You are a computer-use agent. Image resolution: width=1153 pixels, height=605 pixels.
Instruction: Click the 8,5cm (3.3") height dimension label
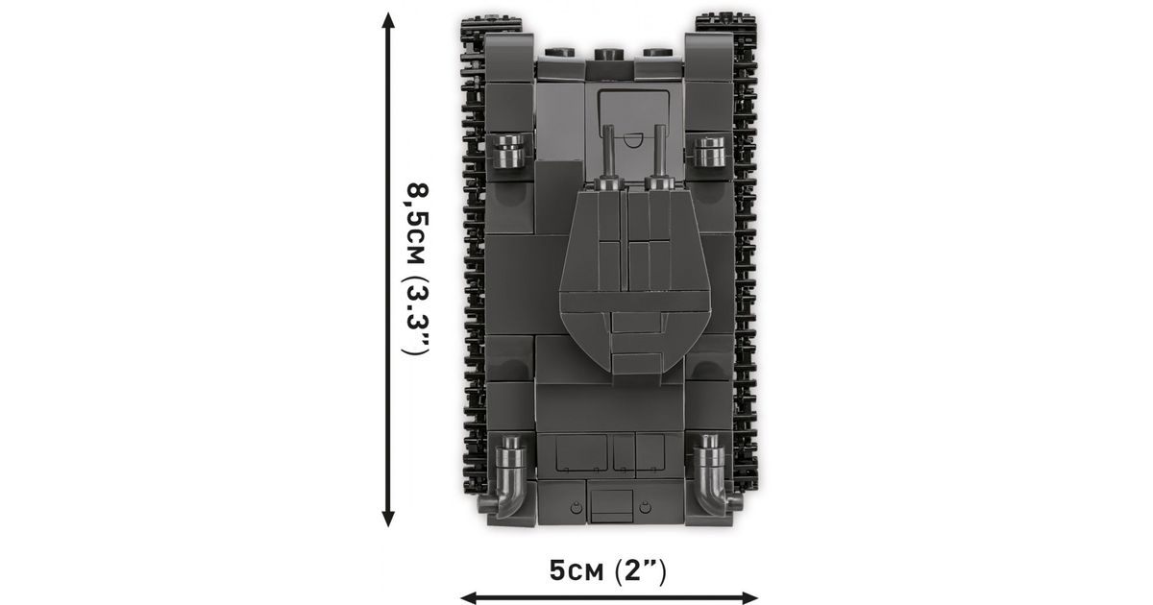[416, 269]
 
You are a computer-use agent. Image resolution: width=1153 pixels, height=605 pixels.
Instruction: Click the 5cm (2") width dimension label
[607, 570]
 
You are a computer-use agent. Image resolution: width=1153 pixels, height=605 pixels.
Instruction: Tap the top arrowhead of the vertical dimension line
[388, 20]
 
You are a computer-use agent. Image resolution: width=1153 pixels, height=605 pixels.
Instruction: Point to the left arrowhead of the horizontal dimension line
[469, 598]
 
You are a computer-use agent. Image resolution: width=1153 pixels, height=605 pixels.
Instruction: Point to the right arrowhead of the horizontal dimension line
[748, 598]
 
